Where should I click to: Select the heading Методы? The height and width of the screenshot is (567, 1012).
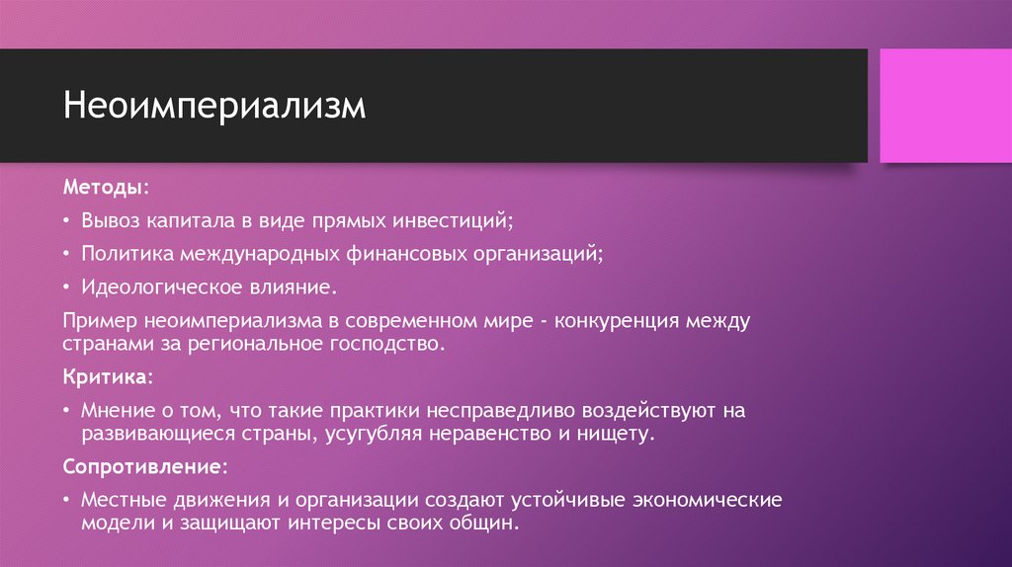(106, 187)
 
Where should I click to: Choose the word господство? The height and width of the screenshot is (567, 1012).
(396, 345)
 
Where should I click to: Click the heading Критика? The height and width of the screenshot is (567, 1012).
(107, 377)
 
